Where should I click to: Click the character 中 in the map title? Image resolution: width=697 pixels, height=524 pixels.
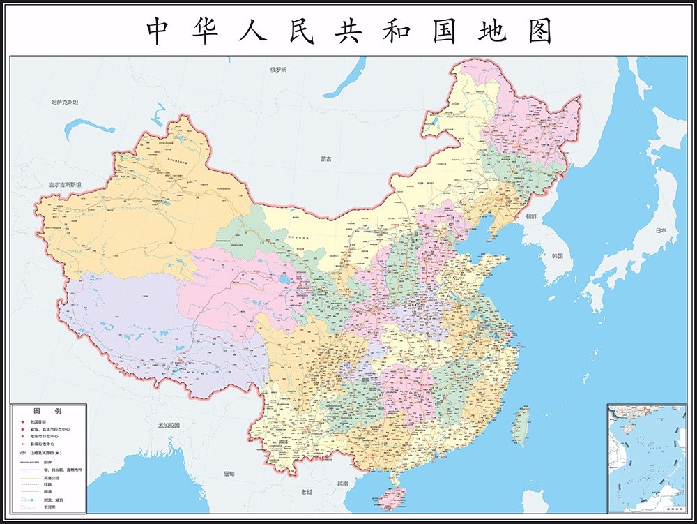pyautogui.click(x=159, y=31)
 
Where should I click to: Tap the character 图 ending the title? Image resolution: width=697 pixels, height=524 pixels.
pyautogui.click(x=539, y=31)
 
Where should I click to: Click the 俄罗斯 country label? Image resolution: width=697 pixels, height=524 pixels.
pyautogui.click(x=279, y=70)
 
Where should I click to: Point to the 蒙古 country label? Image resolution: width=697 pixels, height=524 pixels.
pyautogui.click(x=326, y=159)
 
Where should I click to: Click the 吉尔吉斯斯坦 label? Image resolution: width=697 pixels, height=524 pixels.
pyautogui.click(x=65, y=184)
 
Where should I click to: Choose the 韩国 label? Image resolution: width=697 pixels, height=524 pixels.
pyautogui.click(x=558, y=256)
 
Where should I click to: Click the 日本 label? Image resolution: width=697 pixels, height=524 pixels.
pyautogui.click(x=660, y=231)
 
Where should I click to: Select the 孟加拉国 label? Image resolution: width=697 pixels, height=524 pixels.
pyautogui.click(x=169, y=425)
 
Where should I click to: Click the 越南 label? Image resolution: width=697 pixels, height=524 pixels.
pyautogui.click(x=342, y=484)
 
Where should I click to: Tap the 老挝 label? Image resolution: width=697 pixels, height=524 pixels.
pyautogui.click(x=307, y=492)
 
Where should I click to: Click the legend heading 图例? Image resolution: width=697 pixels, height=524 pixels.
pyautogui.click(x=47, y=411)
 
